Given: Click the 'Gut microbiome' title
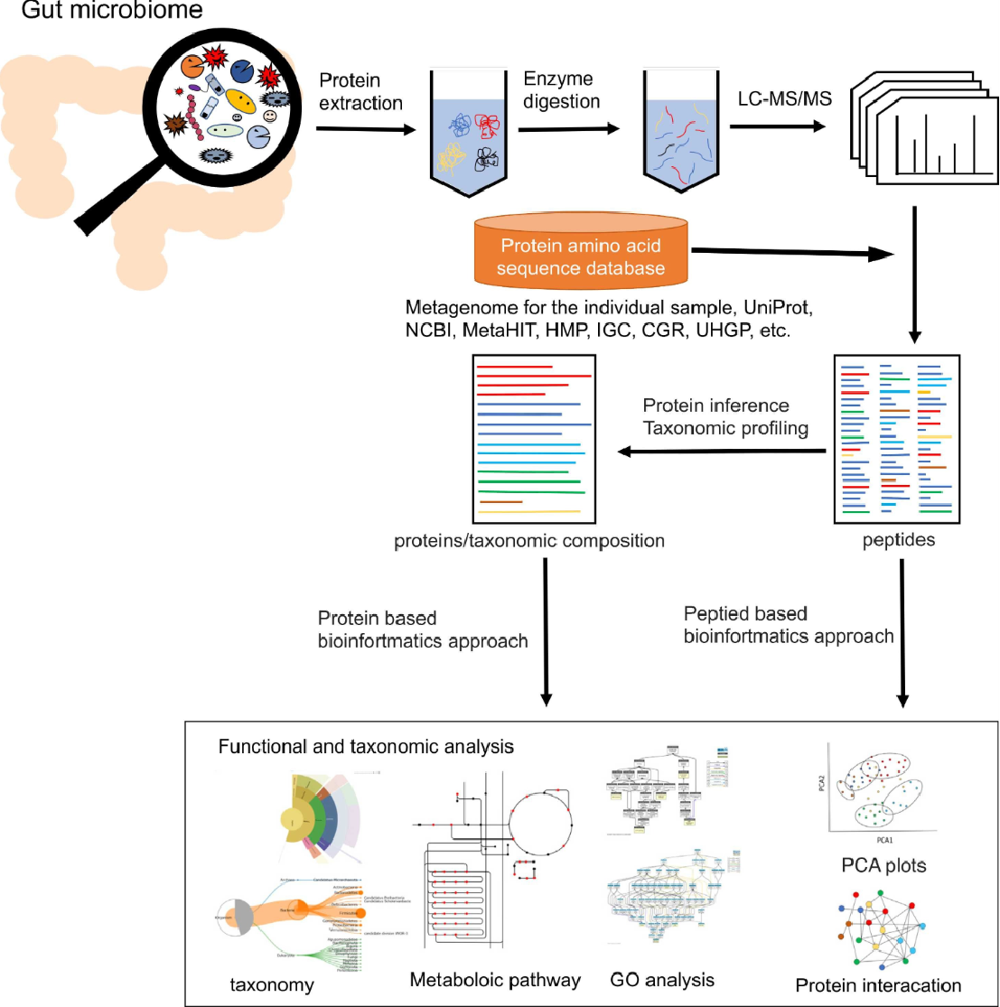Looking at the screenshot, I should tap(101, 12).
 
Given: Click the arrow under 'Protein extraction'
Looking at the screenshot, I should tap(367, 130).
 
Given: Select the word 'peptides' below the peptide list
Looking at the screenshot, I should tap(900, 541).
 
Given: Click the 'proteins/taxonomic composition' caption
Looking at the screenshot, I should tap(529, 541).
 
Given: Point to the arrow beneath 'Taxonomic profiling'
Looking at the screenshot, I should tap(723, 451).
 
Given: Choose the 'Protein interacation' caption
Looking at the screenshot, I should tap(878, 984).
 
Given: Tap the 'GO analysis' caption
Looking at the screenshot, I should tap(661, 979).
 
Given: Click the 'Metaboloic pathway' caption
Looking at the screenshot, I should tap(495, 980).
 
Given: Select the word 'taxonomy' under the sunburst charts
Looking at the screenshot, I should tap(272, 984).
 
